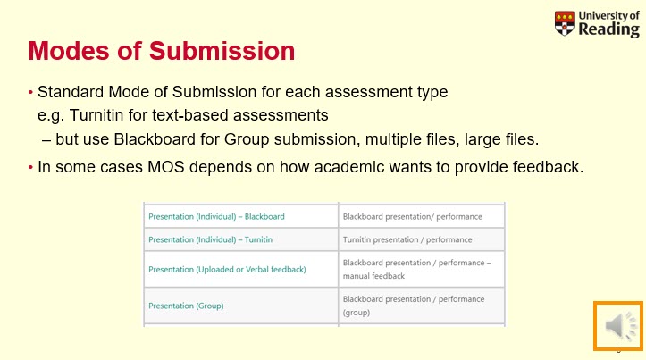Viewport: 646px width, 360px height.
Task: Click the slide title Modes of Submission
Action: pos(161,51)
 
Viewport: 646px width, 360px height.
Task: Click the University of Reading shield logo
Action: pos(565,23)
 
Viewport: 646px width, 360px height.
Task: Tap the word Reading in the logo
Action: pos(608,29)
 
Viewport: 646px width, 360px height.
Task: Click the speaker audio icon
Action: pos(618,326)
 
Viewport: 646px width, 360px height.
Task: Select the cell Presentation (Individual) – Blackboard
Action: pos(216,216)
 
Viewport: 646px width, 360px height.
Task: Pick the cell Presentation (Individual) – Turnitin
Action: pos(210,240)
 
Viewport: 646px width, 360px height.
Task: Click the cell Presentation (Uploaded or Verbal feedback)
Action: pos(227,269)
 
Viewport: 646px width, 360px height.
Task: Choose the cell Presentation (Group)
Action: pos(186,306)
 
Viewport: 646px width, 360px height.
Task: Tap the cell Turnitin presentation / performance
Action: pos(407,240)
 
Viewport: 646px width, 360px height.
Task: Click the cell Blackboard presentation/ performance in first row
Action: pos(412,216)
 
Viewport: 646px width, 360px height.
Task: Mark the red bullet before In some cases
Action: pos(31,167)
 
